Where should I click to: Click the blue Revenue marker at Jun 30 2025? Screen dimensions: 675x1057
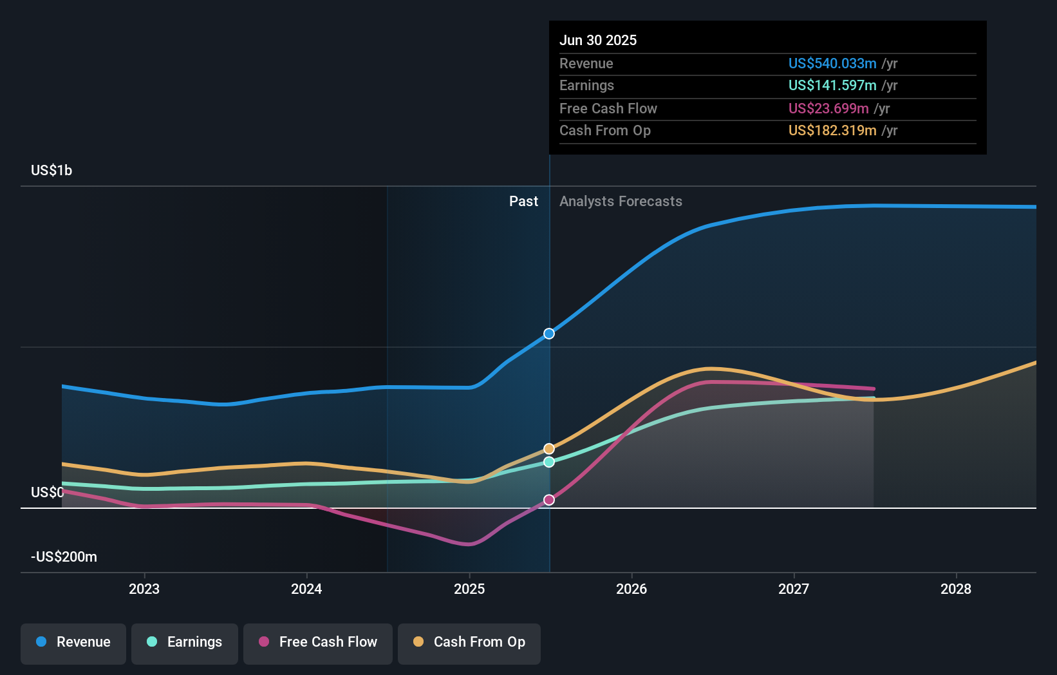click(x=548, y=334)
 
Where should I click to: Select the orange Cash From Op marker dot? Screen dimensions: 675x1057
click(x=548, y=449)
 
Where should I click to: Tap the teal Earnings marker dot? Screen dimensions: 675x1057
click(x=548, y=462)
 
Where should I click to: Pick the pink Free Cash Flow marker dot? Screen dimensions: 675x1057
click(x=548, y=500)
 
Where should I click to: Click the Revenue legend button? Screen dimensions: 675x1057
click(x=73, y=642)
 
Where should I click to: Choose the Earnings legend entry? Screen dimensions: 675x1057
click(x=185, y=642)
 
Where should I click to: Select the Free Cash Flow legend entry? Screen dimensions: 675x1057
click(x=318, y=642)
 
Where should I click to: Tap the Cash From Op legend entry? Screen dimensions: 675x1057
click(x=469, y=642)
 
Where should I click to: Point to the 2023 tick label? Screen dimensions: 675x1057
click(x=144, y=589)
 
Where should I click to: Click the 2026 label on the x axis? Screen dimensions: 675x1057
click(x=631, y=589)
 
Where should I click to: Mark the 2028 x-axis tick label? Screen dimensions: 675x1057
click(x=956, y=589)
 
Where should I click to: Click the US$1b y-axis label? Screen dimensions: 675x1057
click(x=51, y=170)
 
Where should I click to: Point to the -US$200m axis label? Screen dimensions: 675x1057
click(x=64, y=556)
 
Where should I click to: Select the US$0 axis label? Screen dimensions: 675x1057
click(x=48, y=492)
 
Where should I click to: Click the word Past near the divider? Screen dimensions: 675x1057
click(x=523, y=201)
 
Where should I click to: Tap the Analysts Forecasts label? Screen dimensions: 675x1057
click(x=621, y=201)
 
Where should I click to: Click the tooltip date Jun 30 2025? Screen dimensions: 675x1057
click(x=598, y=40)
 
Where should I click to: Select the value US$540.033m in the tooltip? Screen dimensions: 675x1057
click(x=832, y=63)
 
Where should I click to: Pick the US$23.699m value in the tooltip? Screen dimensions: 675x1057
click(x=828, y=108)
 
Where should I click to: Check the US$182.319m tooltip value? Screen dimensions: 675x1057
click(x=832, y=130)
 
